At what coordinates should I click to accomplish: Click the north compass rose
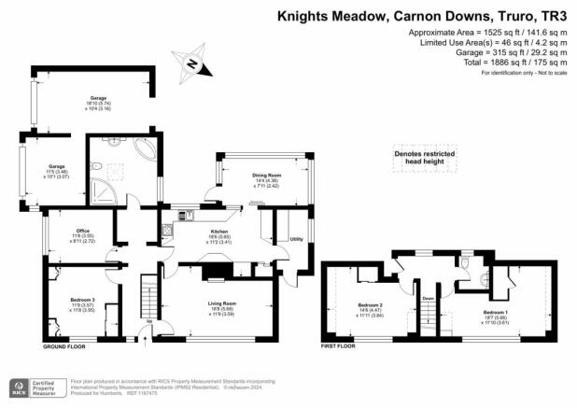194,63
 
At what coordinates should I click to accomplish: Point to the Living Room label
221,303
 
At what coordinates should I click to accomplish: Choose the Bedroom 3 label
85,300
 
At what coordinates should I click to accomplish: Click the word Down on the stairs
428,299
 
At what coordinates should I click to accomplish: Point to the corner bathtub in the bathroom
148,150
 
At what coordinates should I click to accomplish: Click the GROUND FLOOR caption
65,346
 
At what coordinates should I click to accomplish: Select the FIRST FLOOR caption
342,346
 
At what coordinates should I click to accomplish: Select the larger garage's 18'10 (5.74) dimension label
97,103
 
